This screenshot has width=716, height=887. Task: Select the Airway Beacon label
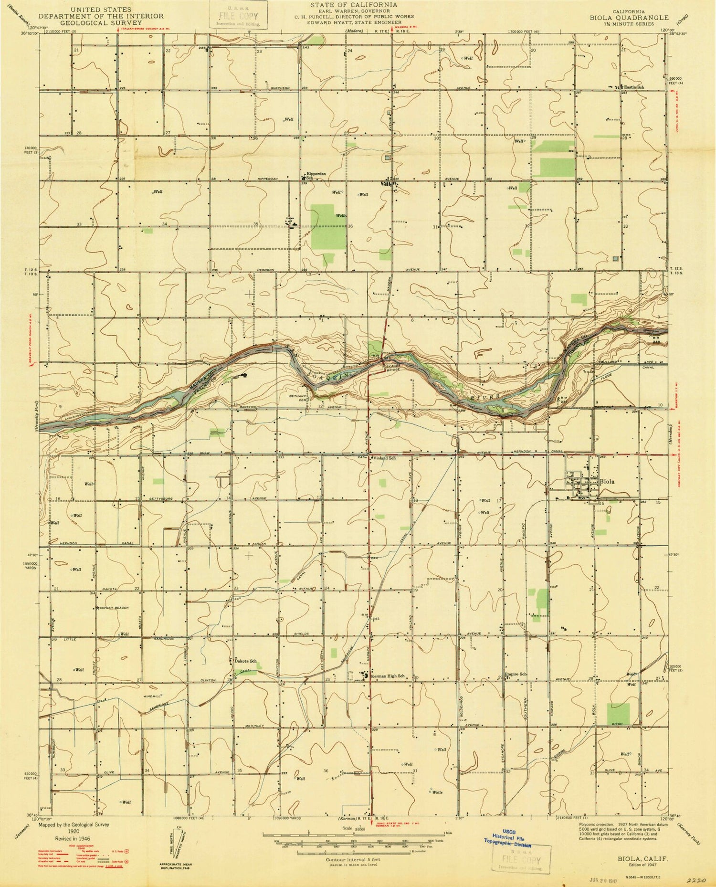tap(115, 608)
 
